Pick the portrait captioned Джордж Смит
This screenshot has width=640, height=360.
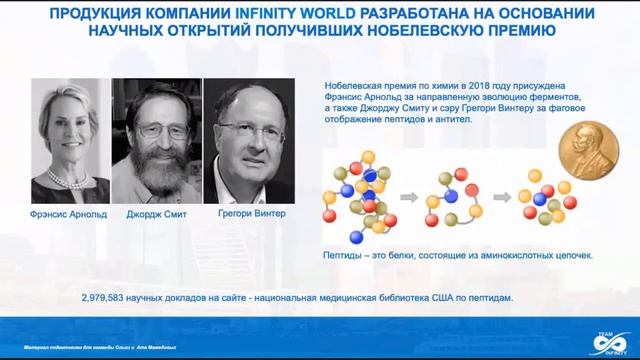(156, 140)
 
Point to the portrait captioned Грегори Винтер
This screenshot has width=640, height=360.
(244, 140)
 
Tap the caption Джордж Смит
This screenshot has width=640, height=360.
(157, 213)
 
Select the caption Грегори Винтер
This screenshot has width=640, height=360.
(245, 213)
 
